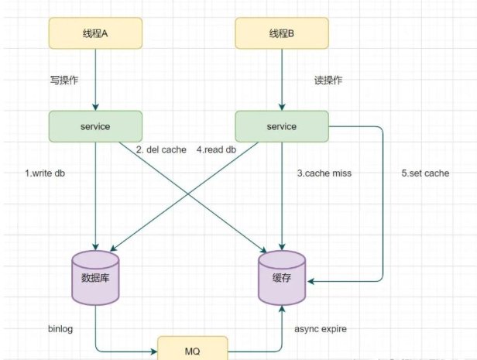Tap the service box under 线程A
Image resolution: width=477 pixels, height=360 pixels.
(x=96, y=126)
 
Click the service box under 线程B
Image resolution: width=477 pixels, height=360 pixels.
(x=282, y=126)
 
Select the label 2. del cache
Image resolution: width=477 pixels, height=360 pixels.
(x=161, y=149)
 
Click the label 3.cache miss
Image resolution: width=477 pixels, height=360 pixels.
(x=324, y=173)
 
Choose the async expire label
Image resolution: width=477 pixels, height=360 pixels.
(x=321, y=329)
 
